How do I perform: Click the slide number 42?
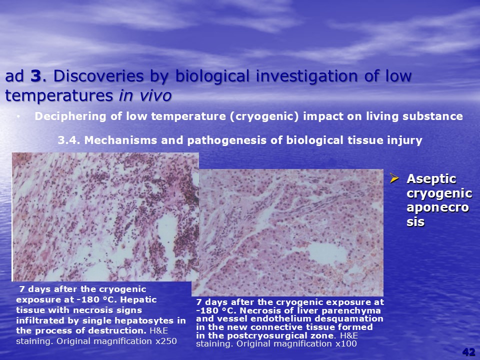[x=468, y=352]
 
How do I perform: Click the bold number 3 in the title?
[x=35, y=76]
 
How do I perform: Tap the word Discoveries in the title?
[x=98, y=76]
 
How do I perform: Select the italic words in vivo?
[x=145, y=95]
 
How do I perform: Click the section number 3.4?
[x=69, y=140]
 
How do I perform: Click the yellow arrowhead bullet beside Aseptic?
[x=394, y=178]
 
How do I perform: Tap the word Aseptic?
[x=431, y=179]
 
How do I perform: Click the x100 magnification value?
[x=346, y=344]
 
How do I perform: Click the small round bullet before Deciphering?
[x=19, y=116]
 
